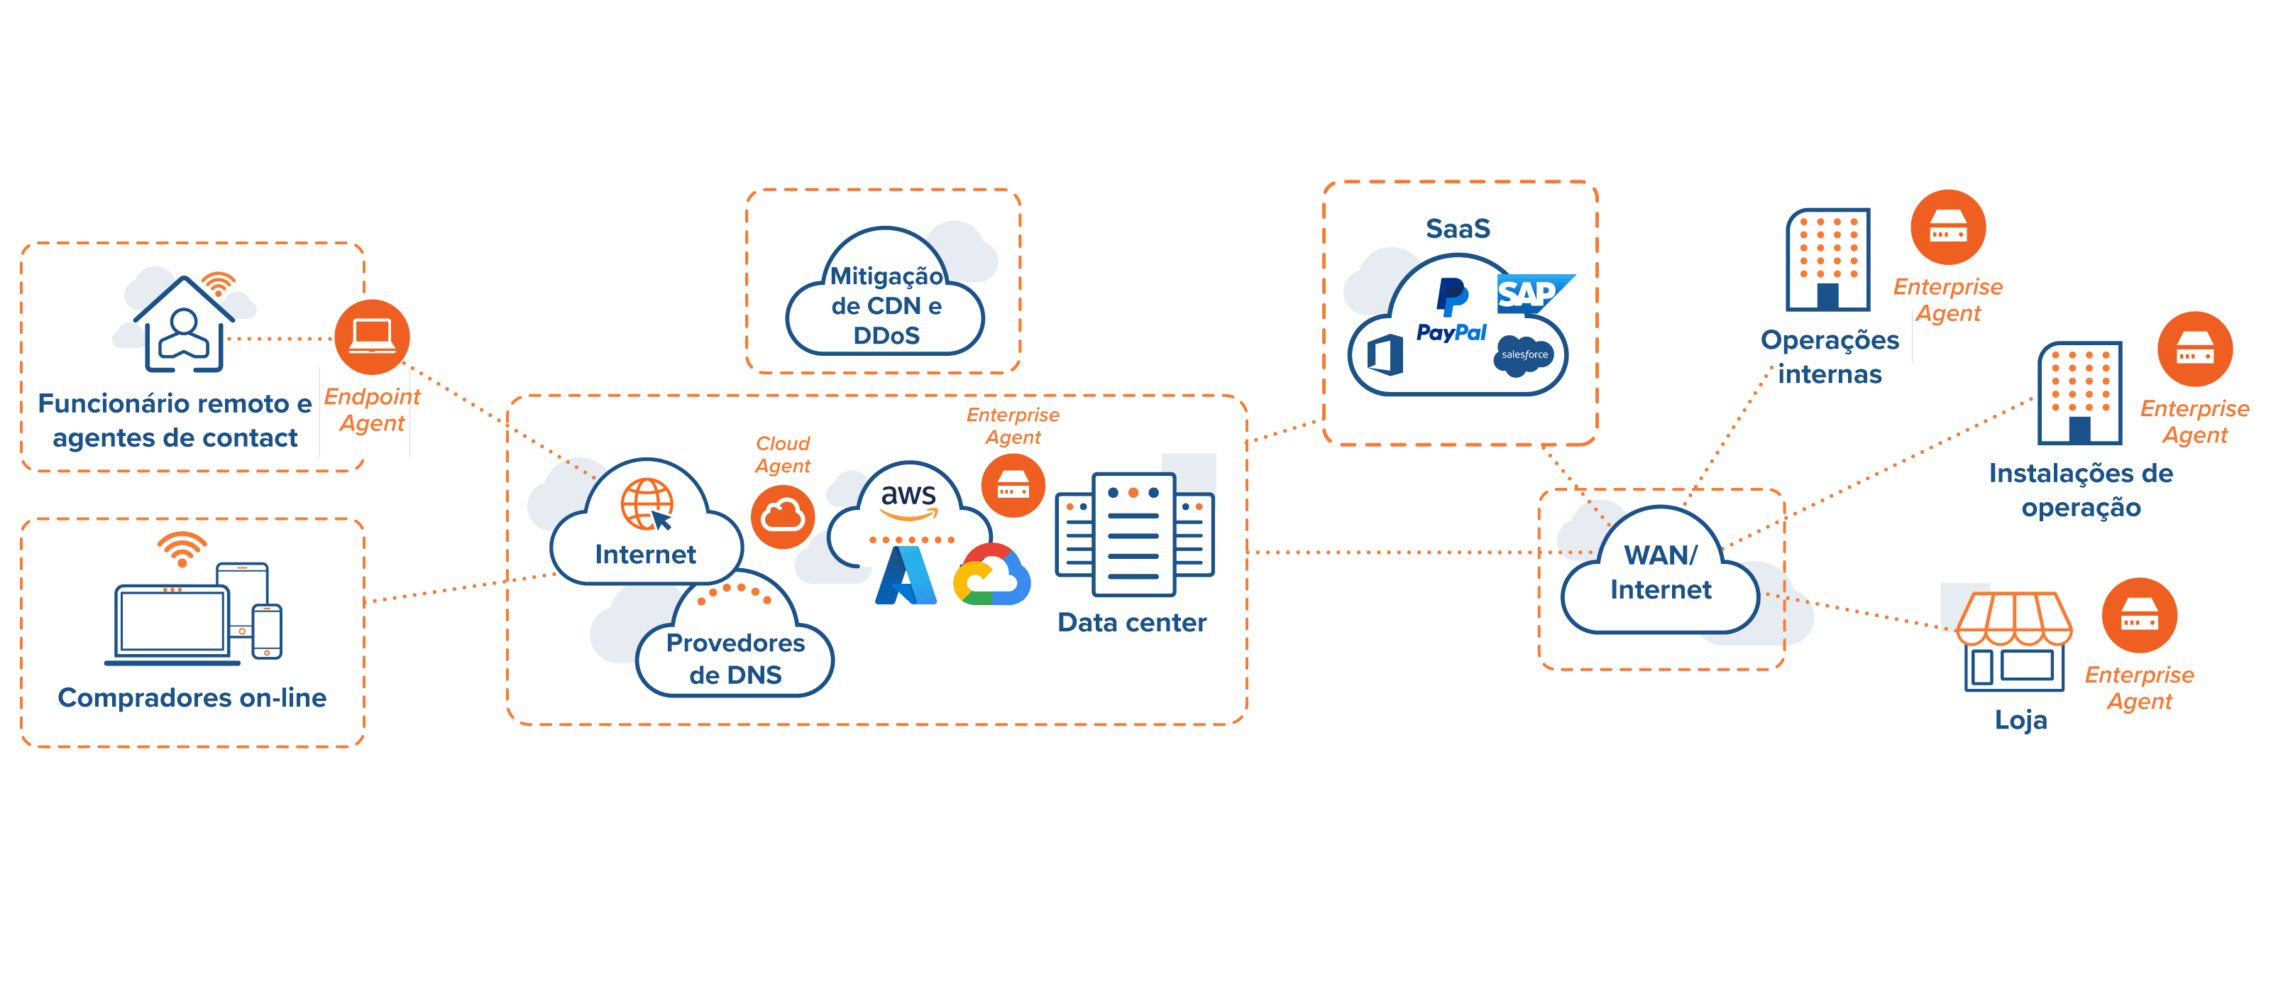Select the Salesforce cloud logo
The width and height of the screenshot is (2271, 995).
tap(1524, 354)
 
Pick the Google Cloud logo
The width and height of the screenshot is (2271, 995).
tap(993, 576)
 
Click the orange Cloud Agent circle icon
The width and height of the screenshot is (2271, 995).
tap(782, 516)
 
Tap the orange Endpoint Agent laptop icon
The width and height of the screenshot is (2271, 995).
tap(372, 337)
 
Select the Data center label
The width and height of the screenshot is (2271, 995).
tap(1131, 623)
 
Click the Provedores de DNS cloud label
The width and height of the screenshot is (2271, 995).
tap(735, 658)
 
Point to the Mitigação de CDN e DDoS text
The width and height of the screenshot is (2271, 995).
tap(886, 305)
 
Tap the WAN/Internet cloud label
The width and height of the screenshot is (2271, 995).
tap(1661, 572)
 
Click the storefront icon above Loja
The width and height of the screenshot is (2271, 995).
tap(2013, 639)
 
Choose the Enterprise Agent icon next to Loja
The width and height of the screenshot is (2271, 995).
tap(2140, 616)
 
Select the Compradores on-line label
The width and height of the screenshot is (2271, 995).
tap(192, 697)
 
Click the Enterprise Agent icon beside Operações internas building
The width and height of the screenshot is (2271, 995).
tap(1947, 227)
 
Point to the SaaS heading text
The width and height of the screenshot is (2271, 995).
tap(1458, 229)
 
